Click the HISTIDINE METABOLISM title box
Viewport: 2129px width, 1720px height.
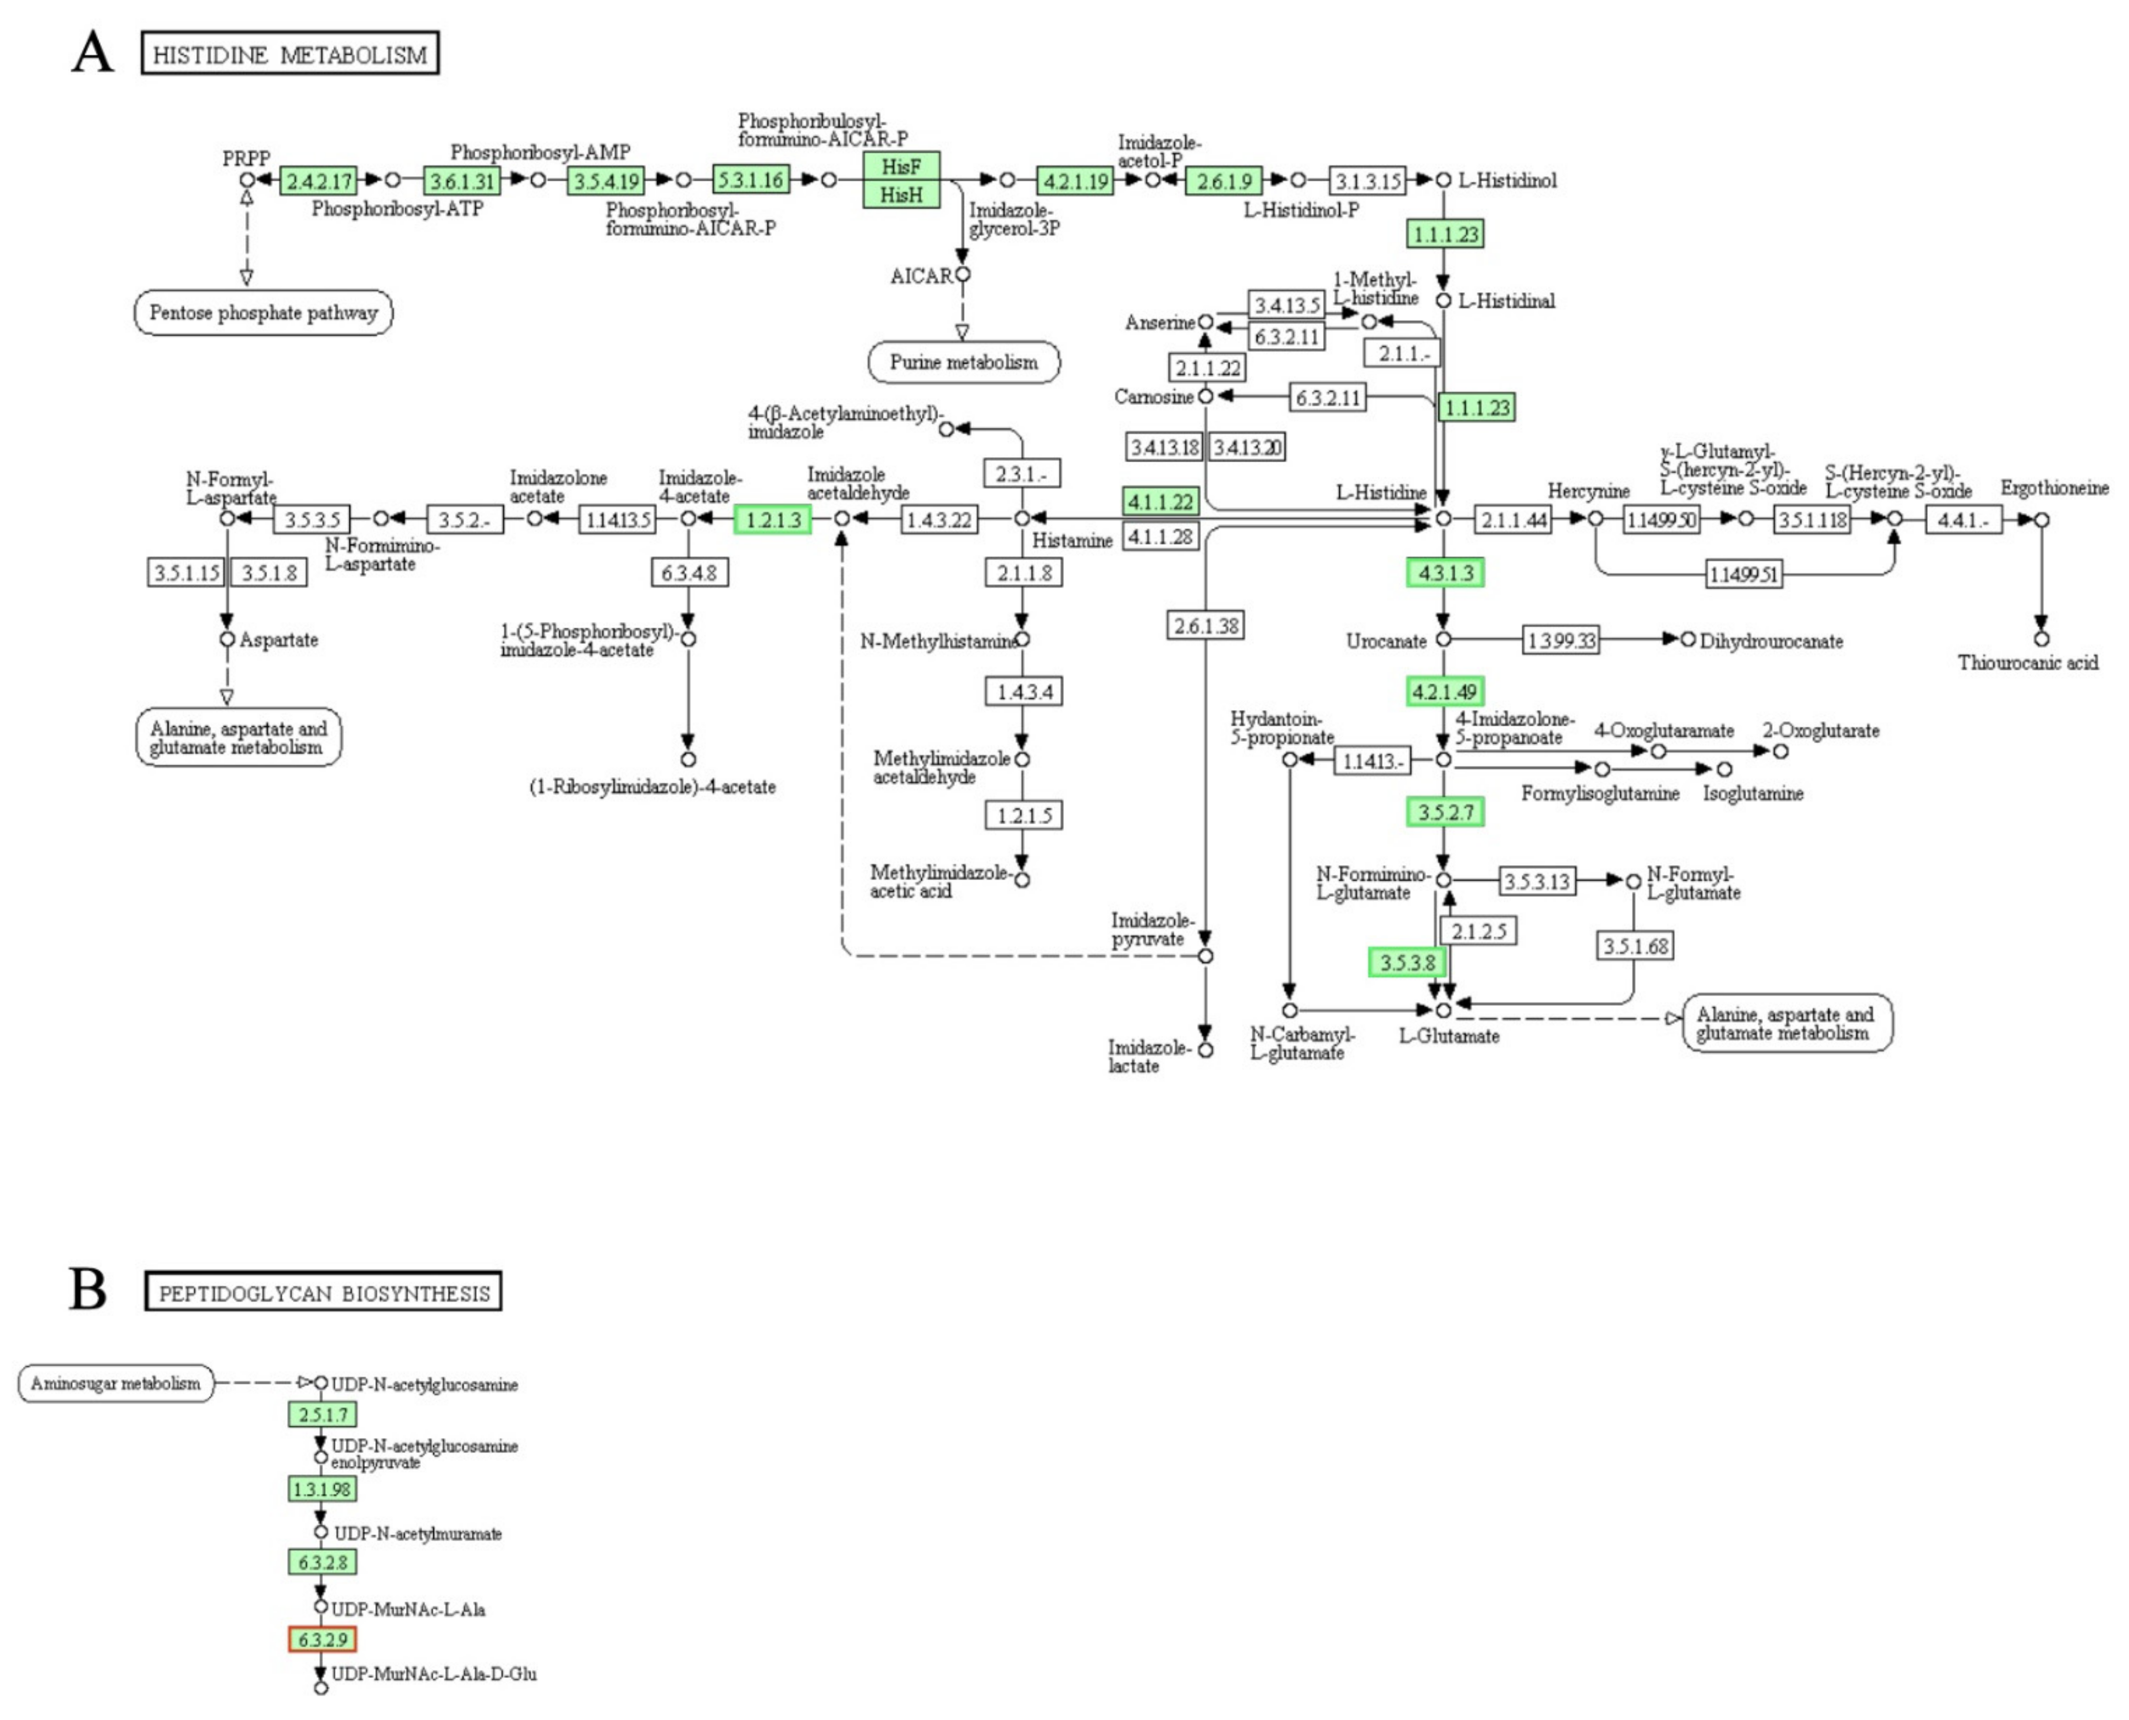pyautogui.click(x=289, y=54)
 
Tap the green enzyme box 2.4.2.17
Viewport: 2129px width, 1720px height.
pyautogui.click(x=318, y=181)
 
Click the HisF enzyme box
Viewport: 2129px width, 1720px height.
pyautogui.click(x=901, y=166)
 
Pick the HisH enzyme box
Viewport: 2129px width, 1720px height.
pyautogui.click(x=901, y=194)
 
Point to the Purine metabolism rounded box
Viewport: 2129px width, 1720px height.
pyautogui.click(x=963, y=362)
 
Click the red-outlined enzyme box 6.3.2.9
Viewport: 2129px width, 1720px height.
pyautogui.click(x=322, y=1640)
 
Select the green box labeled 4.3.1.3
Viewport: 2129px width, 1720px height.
pyautogui.click(x=1444, y=573)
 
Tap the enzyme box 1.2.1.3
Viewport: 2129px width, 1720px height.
pyautogui.click(x=773, y=519)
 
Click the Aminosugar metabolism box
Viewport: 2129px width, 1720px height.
pyautogui.click(x=115, y=1383)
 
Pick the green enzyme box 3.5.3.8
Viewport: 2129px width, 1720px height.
pyautogui.click(x=1407, y=962)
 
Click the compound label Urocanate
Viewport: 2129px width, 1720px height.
pyautogui.click(x=1385, y=641)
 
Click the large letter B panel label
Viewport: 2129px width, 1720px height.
pyautogui.click(x=88, y=1290)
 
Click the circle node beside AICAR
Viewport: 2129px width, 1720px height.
pyautogui.click(x=962, y=274)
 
